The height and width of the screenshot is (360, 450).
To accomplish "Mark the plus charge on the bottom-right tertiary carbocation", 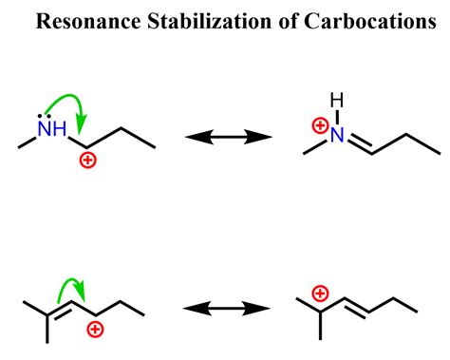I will point(320,270).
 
